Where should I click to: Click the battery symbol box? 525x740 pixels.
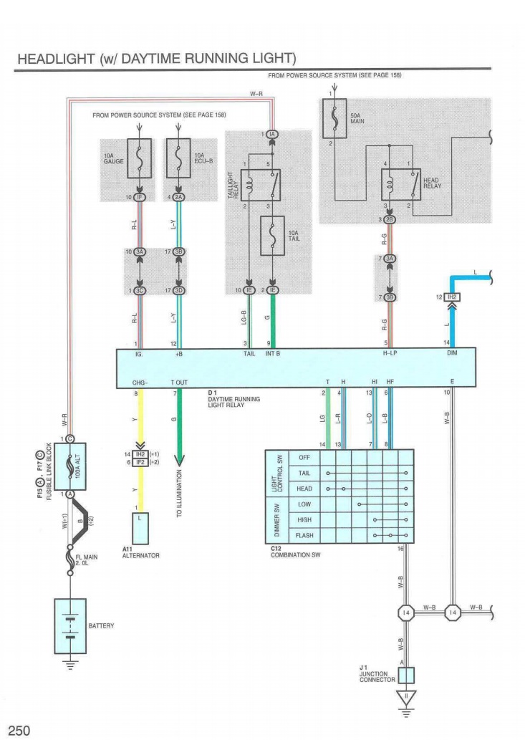(x=70, y=625)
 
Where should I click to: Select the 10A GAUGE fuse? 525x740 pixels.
(x=138, y=158)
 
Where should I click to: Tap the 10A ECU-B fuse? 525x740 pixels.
(x=178, y=158)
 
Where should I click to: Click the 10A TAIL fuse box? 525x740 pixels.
(x=272, y=235)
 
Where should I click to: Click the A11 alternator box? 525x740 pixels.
(x=139, y=528)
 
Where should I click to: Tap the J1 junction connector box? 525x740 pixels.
(x=406, y=675)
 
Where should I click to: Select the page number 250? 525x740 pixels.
(x=19, y=730)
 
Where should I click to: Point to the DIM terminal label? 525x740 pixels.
(x=452, y=353)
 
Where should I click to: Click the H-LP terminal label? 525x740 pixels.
(x=390, y=353)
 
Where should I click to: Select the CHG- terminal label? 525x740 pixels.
(x=140, y=383)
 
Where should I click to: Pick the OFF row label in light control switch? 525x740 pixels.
(x=304, y=457)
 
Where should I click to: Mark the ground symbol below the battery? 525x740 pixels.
(x=70, y=664)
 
